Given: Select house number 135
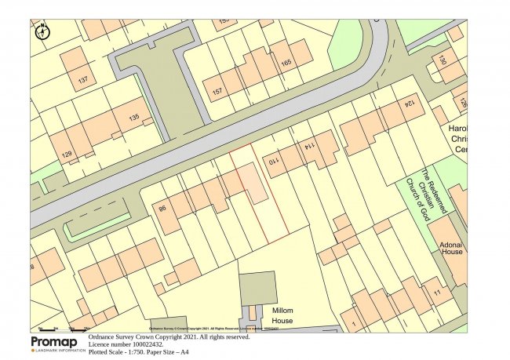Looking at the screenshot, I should [x=133, y=118].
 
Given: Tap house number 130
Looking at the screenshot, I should [x=442, y=60].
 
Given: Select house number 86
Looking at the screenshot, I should [x=162, y=209].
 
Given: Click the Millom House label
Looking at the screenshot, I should [x=282, y=316].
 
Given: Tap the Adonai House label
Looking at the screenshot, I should [x=451, y=248].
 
